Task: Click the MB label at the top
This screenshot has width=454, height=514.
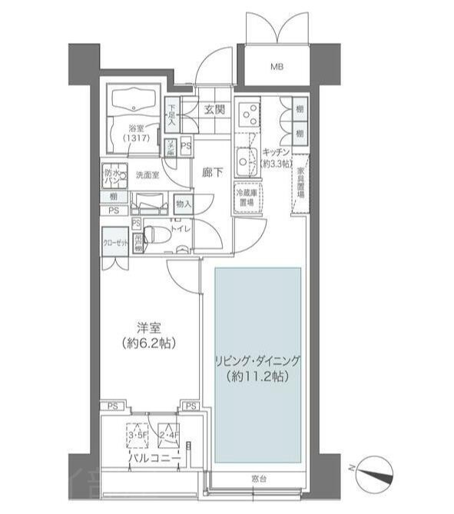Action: (x=276, y=67)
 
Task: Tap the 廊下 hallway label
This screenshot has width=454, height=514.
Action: (x=214, y=173)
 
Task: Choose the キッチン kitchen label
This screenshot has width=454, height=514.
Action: (x=273, y=158)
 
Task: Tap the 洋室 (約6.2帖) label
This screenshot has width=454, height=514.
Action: (x=144, y=333)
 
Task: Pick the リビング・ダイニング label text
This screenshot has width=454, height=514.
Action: (x=257, y=369)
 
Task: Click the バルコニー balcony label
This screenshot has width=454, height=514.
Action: (x=154, y=459)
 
